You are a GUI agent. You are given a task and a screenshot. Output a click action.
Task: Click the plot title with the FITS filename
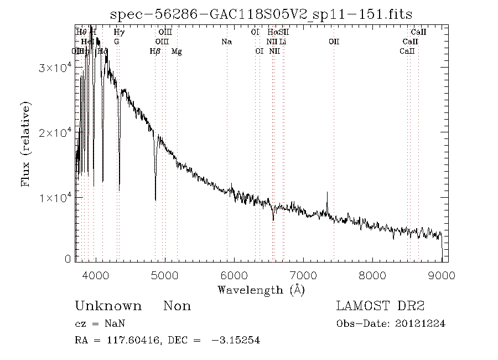(261, 14)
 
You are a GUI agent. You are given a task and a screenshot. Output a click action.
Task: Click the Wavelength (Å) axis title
(261, 290)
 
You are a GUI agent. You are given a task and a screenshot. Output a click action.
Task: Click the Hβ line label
(155, 52)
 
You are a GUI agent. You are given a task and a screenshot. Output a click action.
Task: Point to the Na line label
(226, 42)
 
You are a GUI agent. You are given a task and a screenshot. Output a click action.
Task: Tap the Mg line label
(177, 52)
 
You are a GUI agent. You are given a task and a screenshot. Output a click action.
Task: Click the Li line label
(283, 42)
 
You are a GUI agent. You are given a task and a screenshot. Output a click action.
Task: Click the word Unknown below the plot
(108, 306)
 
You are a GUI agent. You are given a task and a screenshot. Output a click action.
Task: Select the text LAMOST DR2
(380, 306)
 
